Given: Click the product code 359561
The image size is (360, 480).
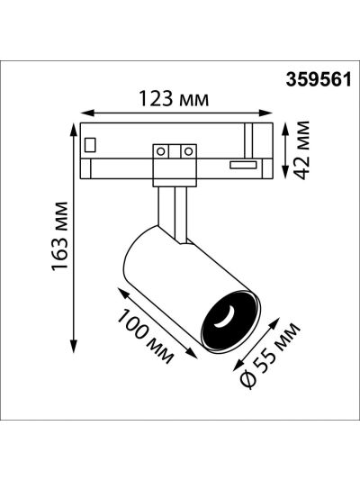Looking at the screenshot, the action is (x=319, y=80).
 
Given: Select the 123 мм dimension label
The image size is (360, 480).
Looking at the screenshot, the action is (x=174, y=98).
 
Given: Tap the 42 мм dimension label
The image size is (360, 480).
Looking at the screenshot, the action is (x=302, y=150).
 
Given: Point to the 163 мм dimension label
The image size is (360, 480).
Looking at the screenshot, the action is (x=59, y=236).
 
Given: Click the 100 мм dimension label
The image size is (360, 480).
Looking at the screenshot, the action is (x=145, y=336).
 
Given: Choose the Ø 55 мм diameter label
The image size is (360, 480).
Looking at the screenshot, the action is (x=269, y=356).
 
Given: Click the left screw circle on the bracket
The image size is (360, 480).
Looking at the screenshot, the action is (x=161, y=151).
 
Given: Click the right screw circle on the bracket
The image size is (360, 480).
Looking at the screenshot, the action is (x=189, y=151).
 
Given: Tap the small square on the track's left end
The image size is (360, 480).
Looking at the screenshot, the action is (x=90, y=145).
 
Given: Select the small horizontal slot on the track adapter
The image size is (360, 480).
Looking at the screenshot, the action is (x=243, y=165).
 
